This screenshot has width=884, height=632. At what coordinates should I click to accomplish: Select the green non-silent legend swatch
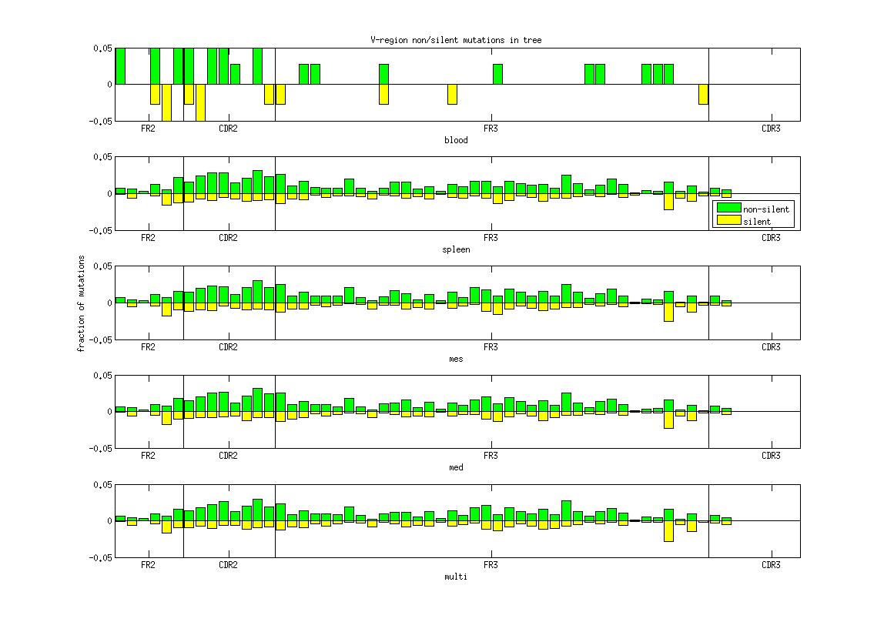[728, 209]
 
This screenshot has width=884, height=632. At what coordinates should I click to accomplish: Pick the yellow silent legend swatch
[728, 221]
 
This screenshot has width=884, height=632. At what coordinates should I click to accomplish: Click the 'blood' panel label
[456, 140]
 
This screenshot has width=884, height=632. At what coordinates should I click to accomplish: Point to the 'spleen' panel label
[456, 249]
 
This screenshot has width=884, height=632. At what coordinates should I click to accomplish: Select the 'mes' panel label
[456, 359]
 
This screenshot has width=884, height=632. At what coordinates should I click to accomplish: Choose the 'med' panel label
[456, 467]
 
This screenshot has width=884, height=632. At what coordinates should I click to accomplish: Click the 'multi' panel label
[456, 577]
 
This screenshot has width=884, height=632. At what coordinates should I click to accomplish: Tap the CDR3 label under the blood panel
[770, 129]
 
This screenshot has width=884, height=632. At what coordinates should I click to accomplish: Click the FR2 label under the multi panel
[148, 565]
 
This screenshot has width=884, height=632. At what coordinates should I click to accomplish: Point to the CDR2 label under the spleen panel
[228, 238]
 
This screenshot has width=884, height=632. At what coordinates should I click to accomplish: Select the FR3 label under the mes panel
[490, 347]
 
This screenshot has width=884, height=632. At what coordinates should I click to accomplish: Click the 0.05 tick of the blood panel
[102, 48]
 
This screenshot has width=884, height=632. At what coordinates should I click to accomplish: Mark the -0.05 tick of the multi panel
[101, 557]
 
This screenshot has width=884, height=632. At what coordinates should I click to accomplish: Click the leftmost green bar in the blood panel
[120, 65]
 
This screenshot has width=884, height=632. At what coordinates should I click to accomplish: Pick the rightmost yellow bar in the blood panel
[703, 93]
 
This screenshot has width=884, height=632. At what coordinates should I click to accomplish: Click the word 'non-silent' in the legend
[765, 209]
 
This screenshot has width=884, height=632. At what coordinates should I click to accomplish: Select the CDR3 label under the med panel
[770, 456]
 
